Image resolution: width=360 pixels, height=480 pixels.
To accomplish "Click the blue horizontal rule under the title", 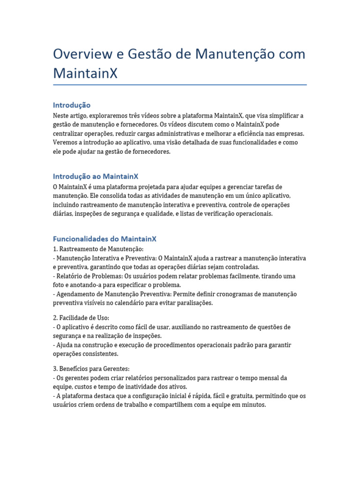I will (180, 85).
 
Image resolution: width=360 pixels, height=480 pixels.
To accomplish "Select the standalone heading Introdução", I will (72, 105).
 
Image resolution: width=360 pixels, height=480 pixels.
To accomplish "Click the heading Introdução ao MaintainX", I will (96, 176).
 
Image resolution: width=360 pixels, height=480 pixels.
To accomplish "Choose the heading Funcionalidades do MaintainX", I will (105, 239).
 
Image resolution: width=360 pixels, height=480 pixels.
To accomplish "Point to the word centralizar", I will (70, 134).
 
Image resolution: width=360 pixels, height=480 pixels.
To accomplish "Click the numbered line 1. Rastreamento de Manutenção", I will (98, 249).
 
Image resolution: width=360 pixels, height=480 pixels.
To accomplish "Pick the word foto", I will (60, 285).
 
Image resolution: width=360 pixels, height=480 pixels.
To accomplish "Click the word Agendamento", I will (78, 294).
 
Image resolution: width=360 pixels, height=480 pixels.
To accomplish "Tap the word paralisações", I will (191, 303).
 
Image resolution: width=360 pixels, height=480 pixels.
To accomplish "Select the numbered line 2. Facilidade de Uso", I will (81, 318).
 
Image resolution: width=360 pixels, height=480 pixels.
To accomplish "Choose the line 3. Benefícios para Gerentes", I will (88, 369).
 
